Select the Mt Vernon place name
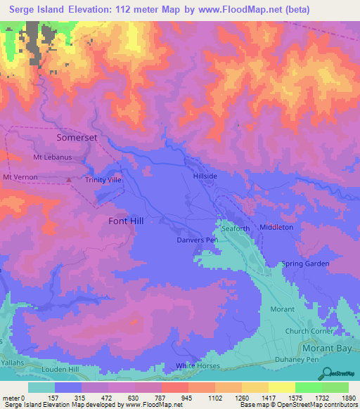20,177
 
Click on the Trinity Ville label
103,181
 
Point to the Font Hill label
126,221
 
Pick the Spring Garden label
305,264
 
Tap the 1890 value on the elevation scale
340,397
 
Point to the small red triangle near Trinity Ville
68,180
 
